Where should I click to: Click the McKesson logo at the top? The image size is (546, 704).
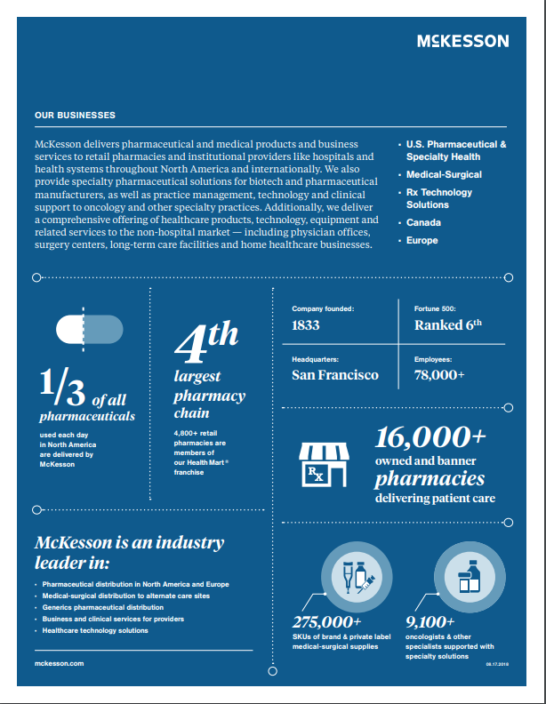462,41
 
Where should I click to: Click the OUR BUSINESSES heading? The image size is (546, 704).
75,116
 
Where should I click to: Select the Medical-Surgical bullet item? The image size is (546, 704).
444,175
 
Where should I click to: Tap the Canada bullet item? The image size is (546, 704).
423,222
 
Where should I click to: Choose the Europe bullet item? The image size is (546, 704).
423,240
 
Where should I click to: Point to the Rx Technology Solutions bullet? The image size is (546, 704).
439,198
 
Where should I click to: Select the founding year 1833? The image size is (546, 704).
306,325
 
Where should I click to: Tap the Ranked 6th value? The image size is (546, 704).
448,325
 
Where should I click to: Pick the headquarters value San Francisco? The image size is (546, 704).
335,375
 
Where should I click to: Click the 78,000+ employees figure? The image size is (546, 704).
439,375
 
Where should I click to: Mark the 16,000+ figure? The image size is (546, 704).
430,437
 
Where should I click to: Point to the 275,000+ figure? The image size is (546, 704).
326,621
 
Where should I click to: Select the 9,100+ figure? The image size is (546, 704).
430,621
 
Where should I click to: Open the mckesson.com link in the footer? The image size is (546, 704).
59,663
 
